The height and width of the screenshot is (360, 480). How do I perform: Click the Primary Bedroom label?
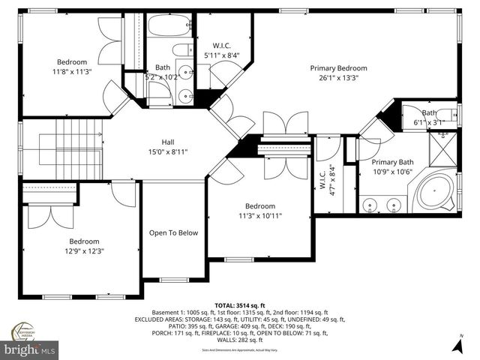339,67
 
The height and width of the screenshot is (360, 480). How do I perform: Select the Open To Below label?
173,232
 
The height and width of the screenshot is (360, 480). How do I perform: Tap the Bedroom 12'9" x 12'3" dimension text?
83,251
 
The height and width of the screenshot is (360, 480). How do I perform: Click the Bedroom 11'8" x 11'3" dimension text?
72,72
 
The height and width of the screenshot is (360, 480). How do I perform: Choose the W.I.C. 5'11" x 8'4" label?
222,55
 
